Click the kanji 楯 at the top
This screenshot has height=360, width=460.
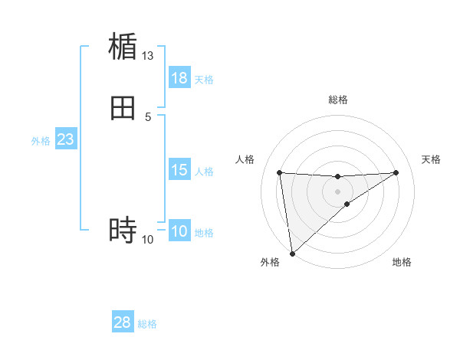123,47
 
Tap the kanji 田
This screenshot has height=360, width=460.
123,107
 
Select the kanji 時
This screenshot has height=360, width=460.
123,229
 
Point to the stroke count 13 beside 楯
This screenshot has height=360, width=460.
148,56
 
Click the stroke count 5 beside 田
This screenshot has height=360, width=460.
148,116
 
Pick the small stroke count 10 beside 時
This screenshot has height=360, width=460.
148,240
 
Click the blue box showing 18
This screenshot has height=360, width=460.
179,78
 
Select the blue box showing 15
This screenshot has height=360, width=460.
179,170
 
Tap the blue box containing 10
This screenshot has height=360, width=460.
179,231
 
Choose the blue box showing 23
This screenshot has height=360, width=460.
65,139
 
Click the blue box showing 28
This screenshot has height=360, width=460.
123,322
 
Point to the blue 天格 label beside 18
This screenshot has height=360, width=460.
204,80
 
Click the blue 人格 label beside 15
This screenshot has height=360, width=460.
204,172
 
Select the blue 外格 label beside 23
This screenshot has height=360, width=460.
41,141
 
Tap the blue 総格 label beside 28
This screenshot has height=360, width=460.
147,324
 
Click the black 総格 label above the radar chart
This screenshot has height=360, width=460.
338,100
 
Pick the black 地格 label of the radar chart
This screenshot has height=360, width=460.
402,262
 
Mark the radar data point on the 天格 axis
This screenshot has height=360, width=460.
396,172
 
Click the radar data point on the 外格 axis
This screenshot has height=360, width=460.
291,254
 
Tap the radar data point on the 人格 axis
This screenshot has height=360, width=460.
279,172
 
